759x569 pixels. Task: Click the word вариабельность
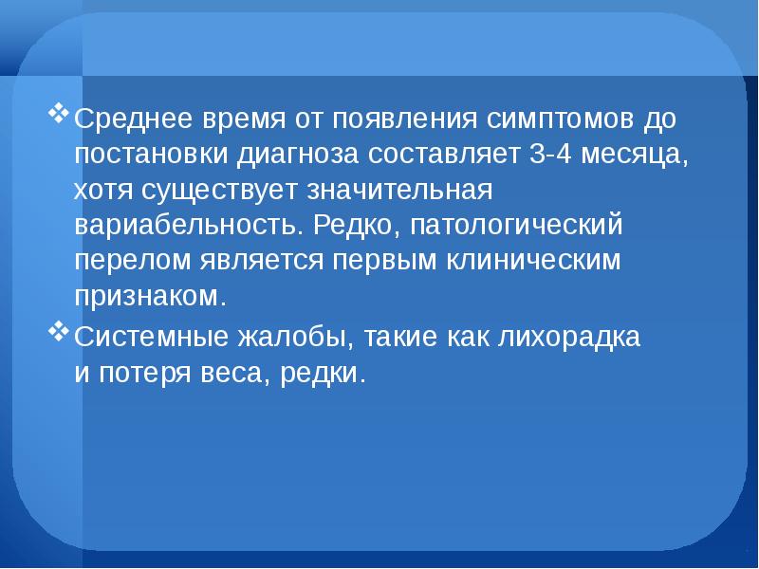pyautogui.click(x=187, y=226)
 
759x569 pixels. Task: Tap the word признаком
pyautogui.click(x=150, y=295)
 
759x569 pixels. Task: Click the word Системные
pyautogui.click(x=145, y=337)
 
